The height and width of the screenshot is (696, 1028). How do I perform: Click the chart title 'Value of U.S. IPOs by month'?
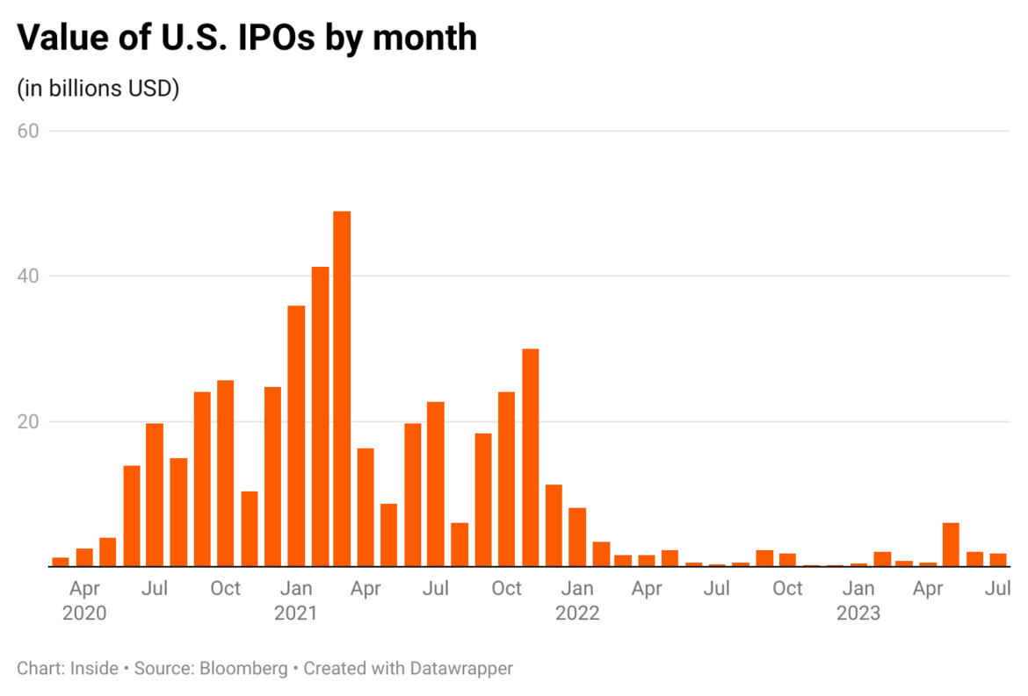[247, 38]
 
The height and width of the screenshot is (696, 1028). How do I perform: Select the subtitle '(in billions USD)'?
[98, 89]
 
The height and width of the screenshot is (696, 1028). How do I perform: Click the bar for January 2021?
[296, 436]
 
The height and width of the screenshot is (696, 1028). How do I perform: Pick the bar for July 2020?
[155, 495]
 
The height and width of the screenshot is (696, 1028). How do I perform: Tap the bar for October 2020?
[225, 473]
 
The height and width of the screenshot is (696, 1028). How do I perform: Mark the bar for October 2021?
[506, 479]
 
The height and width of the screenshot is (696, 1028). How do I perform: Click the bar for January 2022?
[577, 537]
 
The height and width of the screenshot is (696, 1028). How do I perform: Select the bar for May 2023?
[951, 545]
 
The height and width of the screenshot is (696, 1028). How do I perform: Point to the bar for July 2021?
[436, 484]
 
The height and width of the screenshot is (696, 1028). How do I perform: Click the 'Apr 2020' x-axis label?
[84, 600]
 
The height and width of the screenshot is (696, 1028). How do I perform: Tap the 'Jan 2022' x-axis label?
[577, 600]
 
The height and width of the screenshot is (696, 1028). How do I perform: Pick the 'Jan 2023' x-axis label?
[858, 600]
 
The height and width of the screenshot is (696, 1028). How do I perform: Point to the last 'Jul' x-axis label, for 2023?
[998, 589]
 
